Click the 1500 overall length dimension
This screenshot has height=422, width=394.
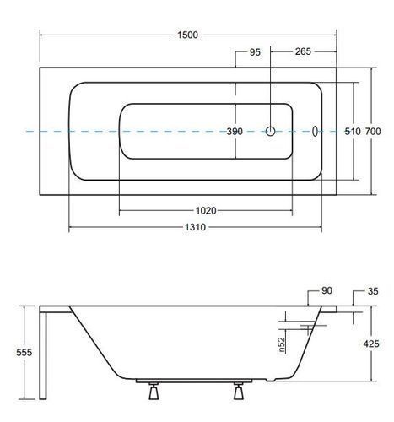pyautogui.click(x=187, y=35)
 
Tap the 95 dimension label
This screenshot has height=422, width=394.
pyautogui.click(x=255, y=52)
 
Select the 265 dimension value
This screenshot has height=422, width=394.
pyautogui.click(x=303, y=51)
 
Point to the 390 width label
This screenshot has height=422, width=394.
pyautogui.click(x=235, y=131)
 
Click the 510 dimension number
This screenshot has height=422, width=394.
pyautogui.click(x=353, y=132)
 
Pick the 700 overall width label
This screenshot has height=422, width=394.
pyautogui.click(x=373, y=132)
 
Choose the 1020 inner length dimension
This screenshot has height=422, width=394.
pyautogui.click(x=206, y=210)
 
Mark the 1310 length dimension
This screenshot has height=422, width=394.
pyautogui.click(x=195, y=227)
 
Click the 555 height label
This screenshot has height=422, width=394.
pyautogui.click(x=24, y=352)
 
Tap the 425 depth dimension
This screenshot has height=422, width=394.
pyautogui.click(x=371, y=344)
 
